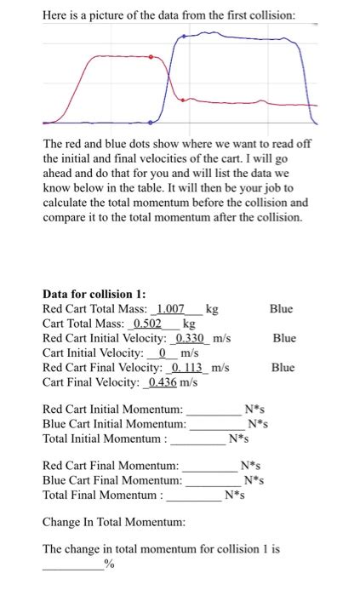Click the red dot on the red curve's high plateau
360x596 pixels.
click(x=151, y=57)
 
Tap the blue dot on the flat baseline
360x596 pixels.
click(x=151, y=120)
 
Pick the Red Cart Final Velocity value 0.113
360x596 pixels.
click(x=188, y=368)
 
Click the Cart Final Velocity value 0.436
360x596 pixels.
click(x=164, y=382)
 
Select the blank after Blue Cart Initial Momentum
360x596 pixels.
click(x=217, y=424)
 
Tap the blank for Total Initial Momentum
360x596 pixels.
click(x=197, y=439)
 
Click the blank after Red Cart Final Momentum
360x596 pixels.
click(x=209, y=467)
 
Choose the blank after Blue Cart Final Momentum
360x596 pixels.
click(x=214, y=481)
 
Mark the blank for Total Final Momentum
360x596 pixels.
click(x=193, y=496)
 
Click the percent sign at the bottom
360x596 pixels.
click(x=108, y=564)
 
